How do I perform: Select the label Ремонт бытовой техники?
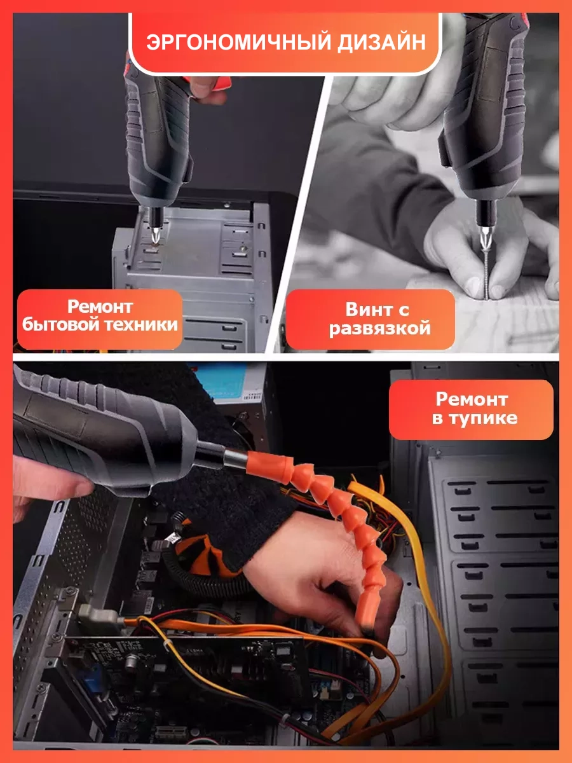[100, 315]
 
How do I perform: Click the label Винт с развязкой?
[379, 319]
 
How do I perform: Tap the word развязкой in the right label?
[379, 329]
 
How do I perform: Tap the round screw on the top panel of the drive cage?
[243, 249]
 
